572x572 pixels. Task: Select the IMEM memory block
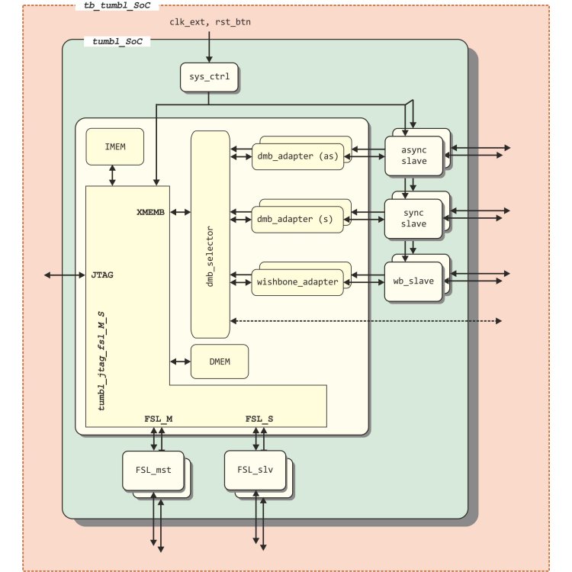pos(114,146)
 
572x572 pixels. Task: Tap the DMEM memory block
pos(220,362)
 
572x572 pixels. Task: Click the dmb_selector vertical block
pos(210,234)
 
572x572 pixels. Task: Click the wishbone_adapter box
pos(296,281)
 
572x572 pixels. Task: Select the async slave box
pos(415,156)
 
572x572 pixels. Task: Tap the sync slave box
pos(415,218)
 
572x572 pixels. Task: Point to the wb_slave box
pos(415,281)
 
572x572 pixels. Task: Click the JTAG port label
pos(102,275)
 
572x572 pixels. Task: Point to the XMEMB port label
pos(151,213)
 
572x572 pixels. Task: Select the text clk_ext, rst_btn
pos(210,22)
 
